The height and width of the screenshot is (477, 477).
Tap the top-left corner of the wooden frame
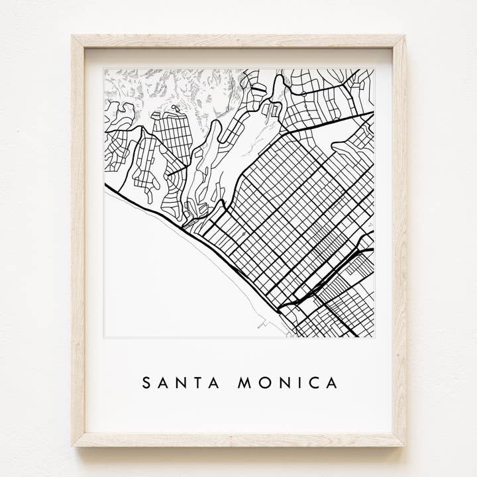point(74,36)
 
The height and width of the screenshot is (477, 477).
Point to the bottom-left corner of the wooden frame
point(74,445)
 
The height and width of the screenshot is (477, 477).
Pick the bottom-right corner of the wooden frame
point(405,445)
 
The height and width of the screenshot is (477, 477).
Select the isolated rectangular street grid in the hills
point(174,136)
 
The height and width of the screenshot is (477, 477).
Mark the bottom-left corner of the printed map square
point(105,337)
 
